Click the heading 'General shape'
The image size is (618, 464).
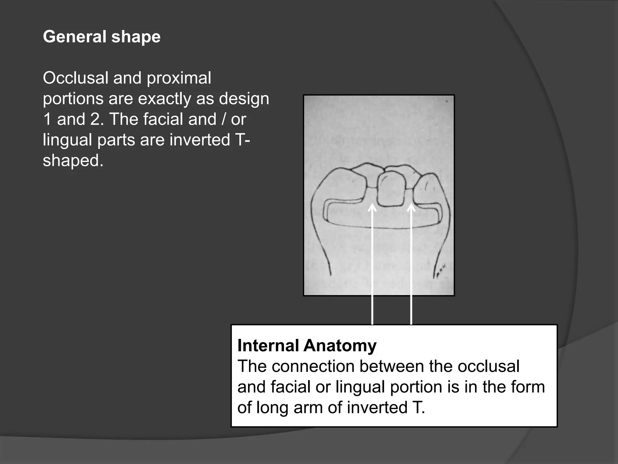coord(102,37)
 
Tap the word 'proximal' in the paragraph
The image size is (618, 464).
coord(179,78)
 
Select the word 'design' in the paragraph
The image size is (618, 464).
coord(244,98)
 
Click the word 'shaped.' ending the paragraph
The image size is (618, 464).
coord(73,160)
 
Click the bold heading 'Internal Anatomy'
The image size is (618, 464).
coord(307,346)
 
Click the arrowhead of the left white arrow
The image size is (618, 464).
coord(372,208)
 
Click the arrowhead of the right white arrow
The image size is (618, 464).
coord(411,208)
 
